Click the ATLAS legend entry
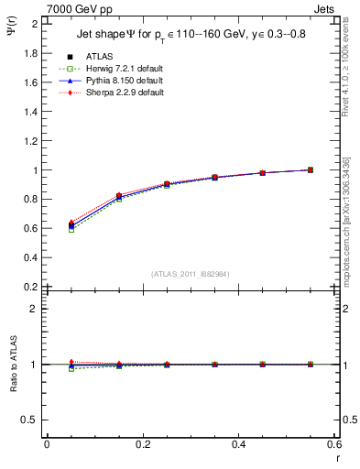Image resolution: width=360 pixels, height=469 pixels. pyautogui.click(x=101, y=57)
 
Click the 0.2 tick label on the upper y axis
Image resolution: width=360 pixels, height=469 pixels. pyautogui.click(x=31, y=287)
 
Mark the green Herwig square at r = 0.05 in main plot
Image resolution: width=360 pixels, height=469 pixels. pyautogui.click(x=71, y=230)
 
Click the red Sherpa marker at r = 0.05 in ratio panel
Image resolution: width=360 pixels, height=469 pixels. pyautogui.click(x=71, y=362)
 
